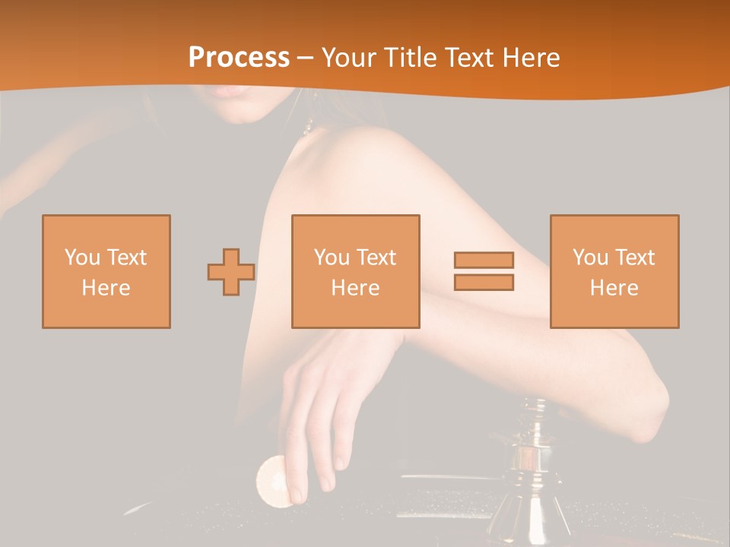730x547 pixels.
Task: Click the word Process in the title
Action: pos(239,58)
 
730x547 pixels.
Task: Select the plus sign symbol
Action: pos(231,272)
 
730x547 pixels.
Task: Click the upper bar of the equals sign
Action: pos(484,261)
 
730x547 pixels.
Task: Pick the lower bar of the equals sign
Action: pos(484,283)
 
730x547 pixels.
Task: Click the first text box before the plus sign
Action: pos(106,272)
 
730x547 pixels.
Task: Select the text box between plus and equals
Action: pos(356,272)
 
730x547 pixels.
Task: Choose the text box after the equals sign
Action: pos(614,272)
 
